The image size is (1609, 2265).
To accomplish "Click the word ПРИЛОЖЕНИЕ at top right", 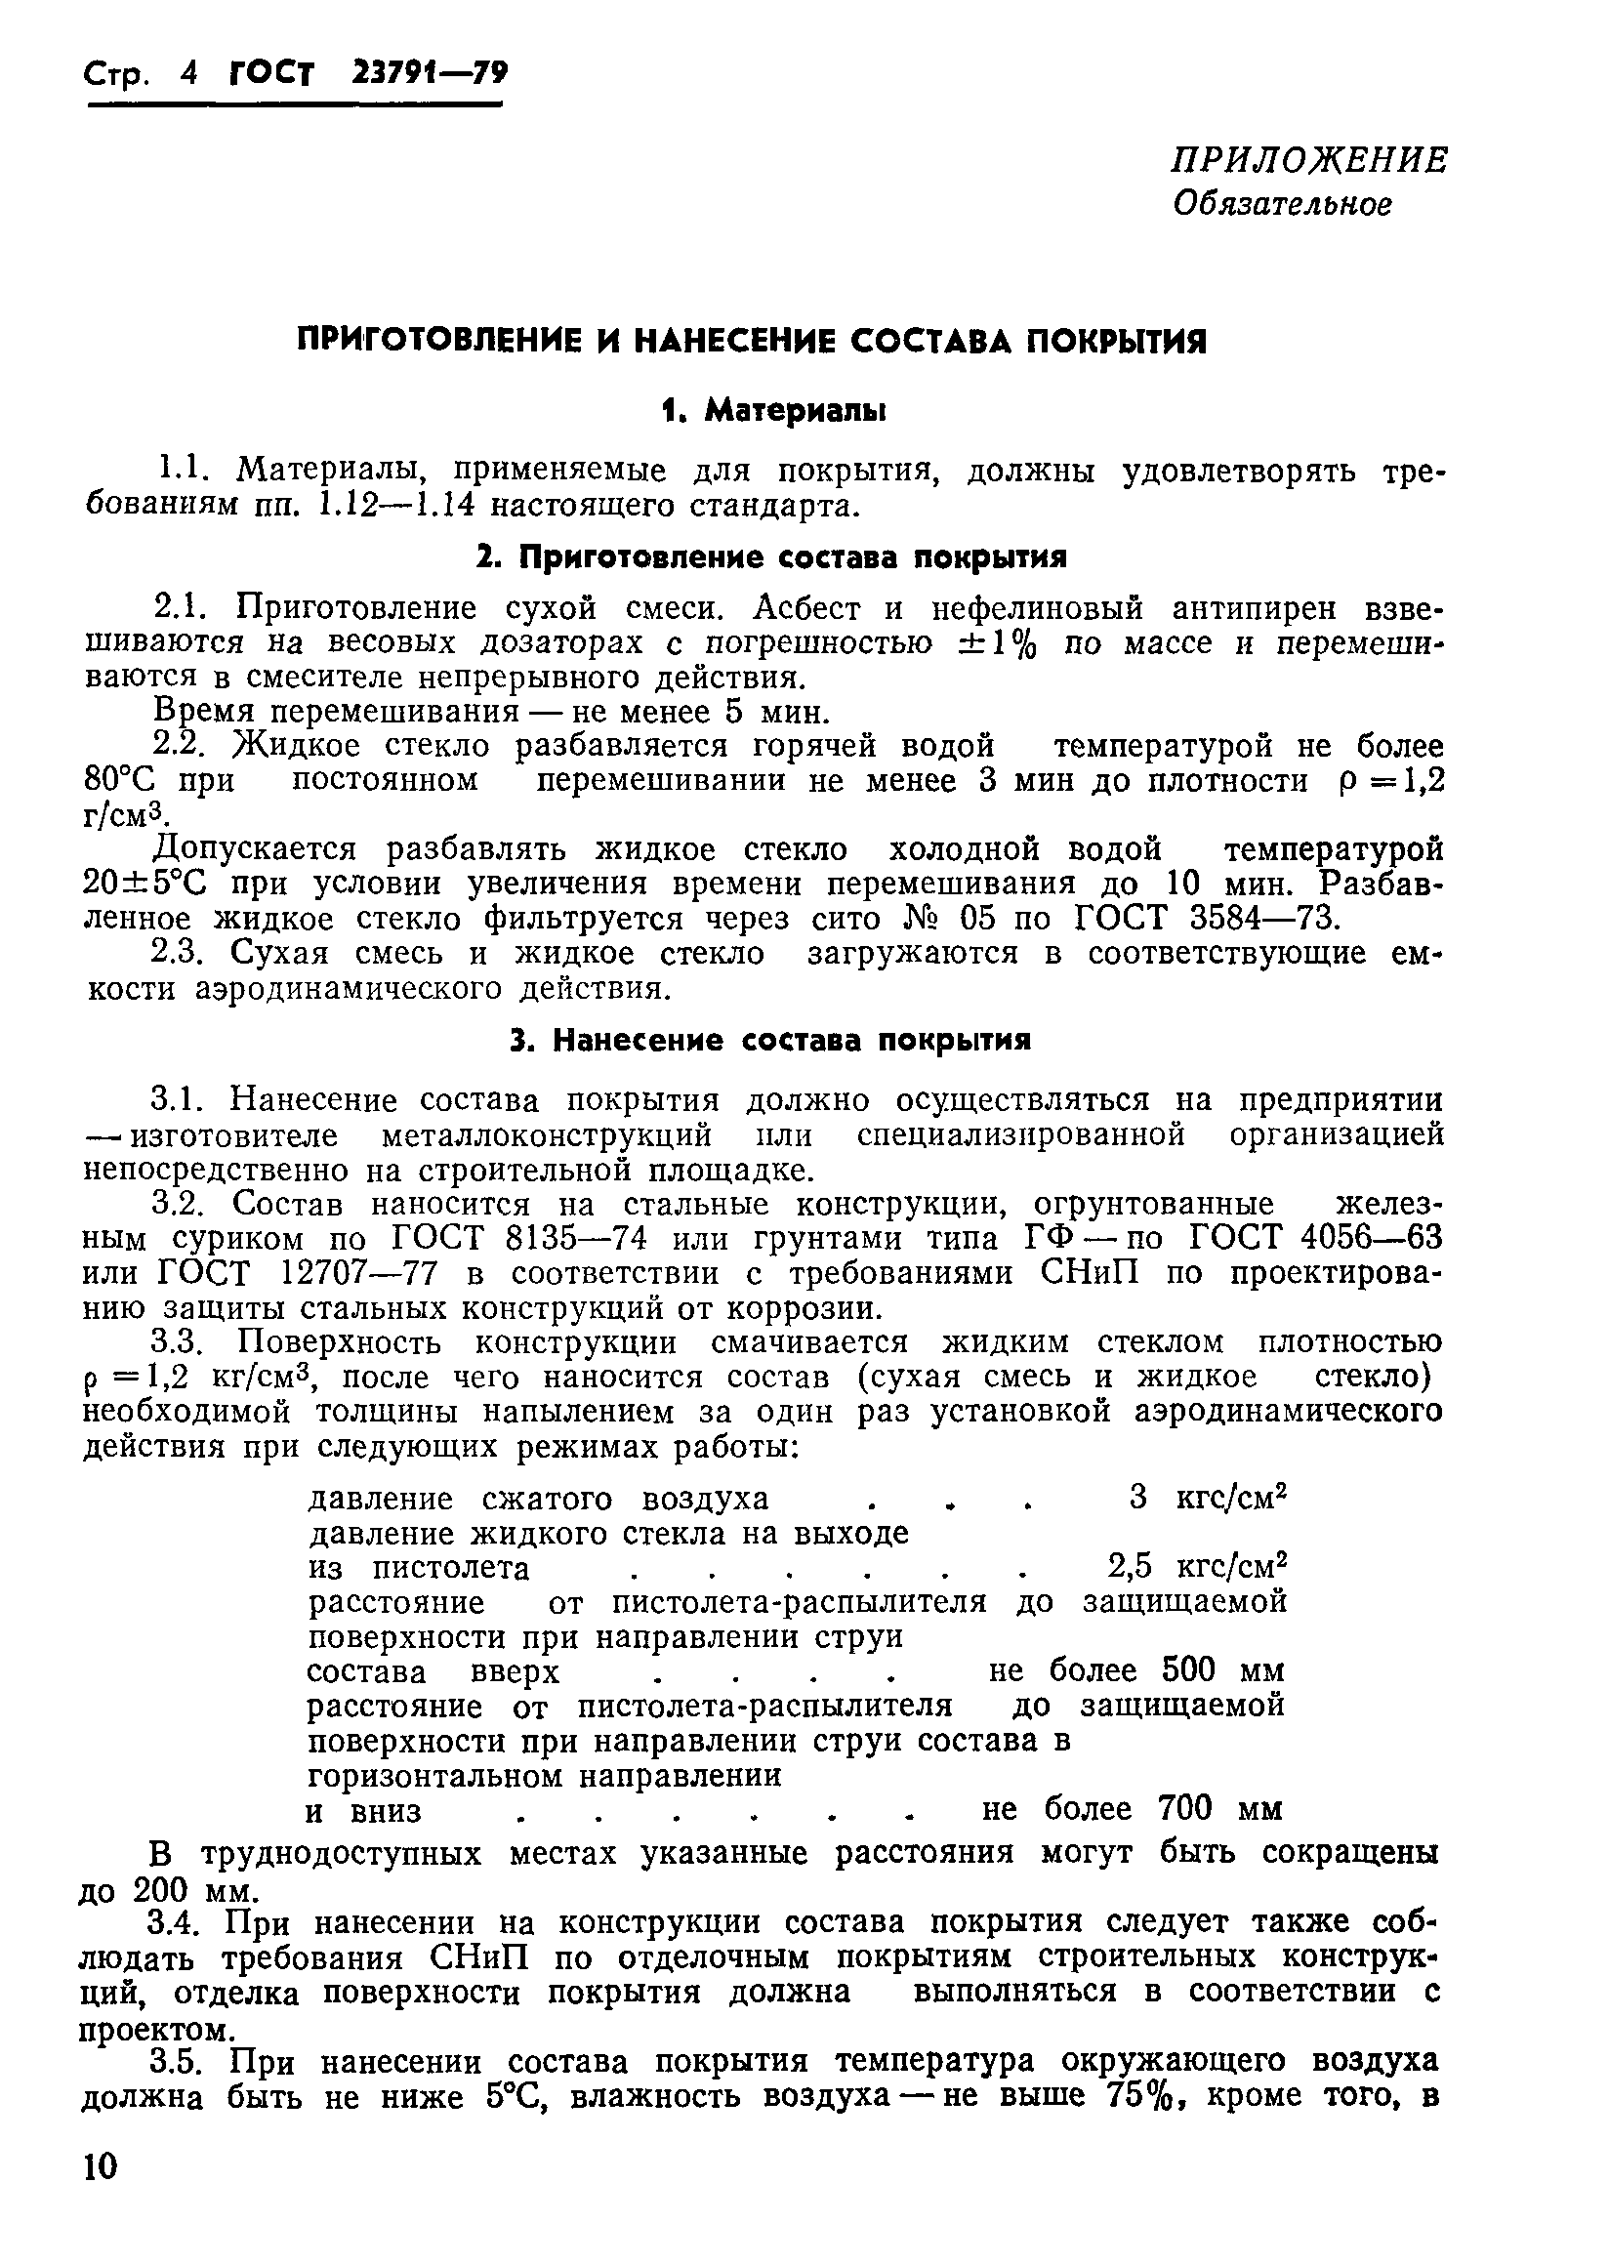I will coord(1308,159).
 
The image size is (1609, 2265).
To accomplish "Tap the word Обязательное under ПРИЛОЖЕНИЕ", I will coord(1282,204).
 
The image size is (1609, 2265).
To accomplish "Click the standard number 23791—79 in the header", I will coord(429,74).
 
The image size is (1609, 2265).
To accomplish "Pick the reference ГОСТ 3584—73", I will coord(1207,919).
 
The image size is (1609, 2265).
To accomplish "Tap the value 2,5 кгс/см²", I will coord(1196,1567).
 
